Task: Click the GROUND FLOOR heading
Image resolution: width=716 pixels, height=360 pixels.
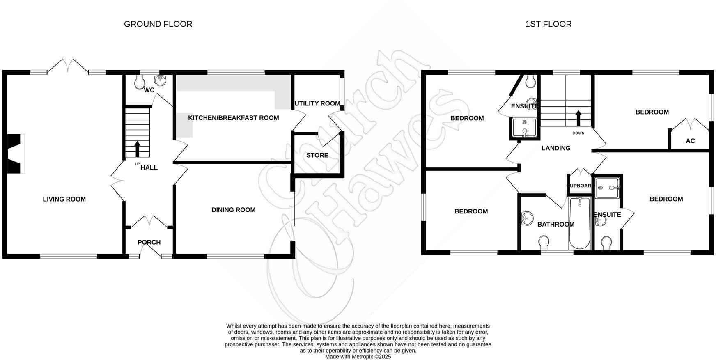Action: pos(158,24)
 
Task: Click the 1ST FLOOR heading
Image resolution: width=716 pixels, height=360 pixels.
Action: pos(548,24)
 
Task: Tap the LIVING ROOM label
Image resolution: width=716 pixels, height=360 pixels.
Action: pos(64,199)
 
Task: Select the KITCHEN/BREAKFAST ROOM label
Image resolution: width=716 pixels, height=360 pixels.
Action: pos(233,118)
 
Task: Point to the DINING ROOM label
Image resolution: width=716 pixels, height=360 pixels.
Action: pos(233,210)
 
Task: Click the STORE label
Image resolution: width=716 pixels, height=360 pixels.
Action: pos(317,155)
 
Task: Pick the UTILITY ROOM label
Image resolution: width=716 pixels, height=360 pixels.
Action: pos(317,103)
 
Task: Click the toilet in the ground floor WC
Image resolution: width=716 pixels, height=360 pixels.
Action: pos(140,83)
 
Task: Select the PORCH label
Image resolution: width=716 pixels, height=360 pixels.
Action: pos(149,242)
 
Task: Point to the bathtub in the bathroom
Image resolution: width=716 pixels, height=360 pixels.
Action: pos(579,224)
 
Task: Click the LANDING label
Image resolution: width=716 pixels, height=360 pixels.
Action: pos(555,148)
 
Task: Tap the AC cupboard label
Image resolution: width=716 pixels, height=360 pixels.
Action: pos(690,141)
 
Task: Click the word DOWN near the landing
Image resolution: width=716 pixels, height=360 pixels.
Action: pos(578,133)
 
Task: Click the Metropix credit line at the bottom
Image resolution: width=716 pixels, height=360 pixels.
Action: pos(358,357)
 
